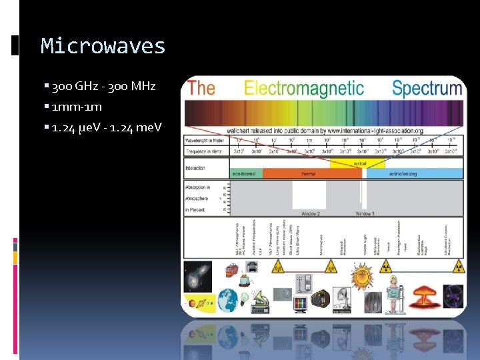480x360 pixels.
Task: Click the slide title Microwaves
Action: click(103, 46)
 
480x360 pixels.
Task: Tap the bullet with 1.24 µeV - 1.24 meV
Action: click(107, 127)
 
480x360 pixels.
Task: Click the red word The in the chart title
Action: click(201, 89)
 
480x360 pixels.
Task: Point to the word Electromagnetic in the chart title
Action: click(304, 89)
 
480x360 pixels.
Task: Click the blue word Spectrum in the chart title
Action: click(427, 89)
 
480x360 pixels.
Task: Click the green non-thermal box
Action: click(245, 173)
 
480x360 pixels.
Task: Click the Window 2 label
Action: click(310, 214)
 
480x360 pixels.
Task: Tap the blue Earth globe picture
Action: click(227, 299)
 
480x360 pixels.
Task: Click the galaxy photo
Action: click(199, 273)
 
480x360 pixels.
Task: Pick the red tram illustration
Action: click(231, 270)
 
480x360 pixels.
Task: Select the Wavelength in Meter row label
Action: click(205, 140)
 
